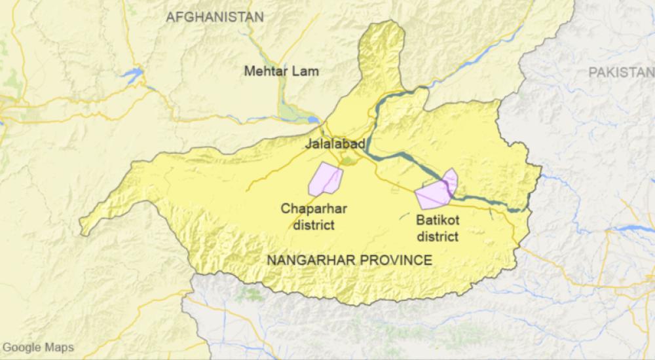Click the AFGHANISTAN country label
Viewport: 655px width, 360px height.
(215, 18)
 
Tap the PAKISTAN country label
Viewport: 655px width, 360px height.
(621, 73)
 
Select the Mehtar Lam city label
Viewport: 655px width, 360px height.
(281, 71)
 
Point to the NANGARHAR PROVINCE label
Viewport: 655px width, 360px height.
(350, 261)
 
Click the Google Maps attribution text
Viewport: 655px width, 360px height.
(38, 348)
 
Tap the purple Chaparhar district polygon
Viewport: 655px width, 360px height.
(326, 179)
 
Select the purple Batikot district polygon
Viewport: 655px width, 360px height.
(436, 191)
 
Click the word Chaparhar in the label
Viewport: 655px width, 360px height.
(314, 209)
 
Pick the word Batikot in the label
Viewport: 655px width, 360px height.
(437, 221)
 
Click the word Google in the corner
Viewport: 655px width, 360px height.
(22, 348)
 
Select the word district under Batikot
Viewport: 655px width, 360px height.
(437, 236)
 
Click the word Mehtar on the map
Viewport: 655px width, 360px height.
(267, 71)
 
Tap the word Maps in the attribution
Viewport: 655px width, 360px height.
(59, 348)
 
